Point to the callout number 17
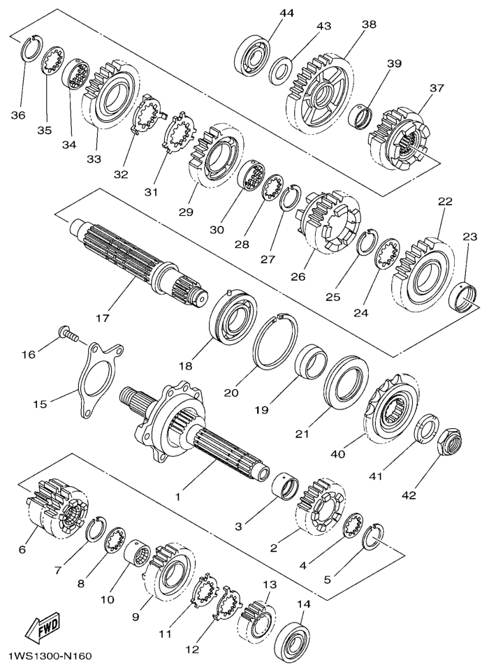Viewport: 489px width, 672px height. (103, 318)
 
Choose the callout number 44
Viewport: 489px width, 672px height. (286, 13)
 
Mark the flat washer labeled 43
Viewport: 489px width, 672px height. (282, 68)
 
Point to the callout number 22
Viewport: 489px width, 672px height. (444, 200)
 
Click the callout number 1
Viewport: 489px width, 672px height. (177, 497)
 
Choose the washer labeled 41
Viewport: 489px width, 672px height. (427, 429)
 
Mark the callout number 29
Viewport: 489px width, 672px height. (187, 211)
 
